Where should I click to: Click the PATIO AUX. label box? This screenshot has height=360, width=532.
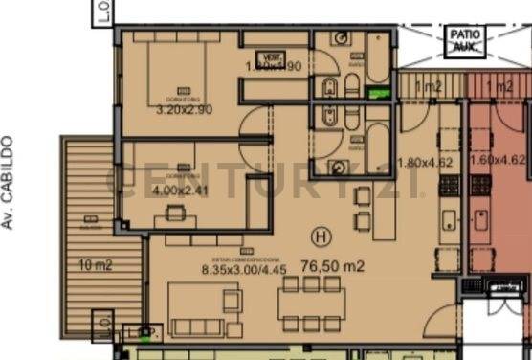tap(465, 40)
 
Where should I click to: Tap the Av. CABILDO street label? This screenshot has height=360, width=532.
tap(9, 181)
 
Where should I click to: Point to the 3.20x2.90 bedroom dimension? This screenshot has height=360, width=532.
tap(184, 110)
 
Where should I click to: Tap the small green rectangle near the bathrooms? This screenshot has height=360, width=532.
tap(380, 94)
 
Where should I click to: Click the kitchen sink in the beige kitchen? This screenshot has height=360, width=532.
tap(448, 221)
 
